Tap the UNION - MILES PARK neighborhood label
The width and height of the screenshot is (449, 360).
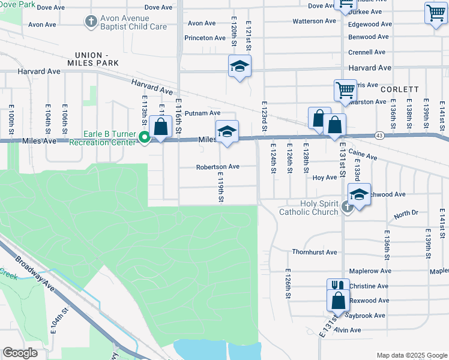click(x=93, y=58)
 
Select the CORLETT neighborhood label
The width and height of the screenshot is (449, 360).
click(x=400, y=89)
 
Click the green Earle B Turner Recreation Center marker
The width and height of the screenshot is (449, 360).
click(x=144, y=137)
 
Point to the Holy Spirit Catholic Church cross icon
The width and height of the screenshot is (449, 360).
click(x=347, y=208)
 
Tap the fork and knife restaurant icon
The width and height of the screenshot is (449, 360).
click(x=337, y=286)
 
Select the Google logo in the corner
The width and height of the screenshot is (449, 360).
click(x=20, y=353)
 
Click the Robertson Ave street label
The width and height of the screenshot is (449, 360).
click(x=218, y=167)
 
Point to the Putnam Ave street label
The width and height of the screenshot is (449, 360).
click(x=203, y=113)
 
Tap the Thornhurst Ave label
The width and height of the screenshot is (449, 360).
click(x=314, y=252)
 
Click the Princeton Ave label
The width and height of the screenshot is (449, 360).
click(x=205, y=38)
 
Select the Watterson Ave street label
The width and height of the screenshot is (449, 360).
click(x=314, y=21)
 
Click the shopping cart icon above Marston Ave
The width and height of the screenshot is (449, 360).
click(x=345, y=90)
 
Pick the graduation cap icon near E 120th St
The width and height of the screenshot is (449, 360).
click(x=240, y=67)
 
